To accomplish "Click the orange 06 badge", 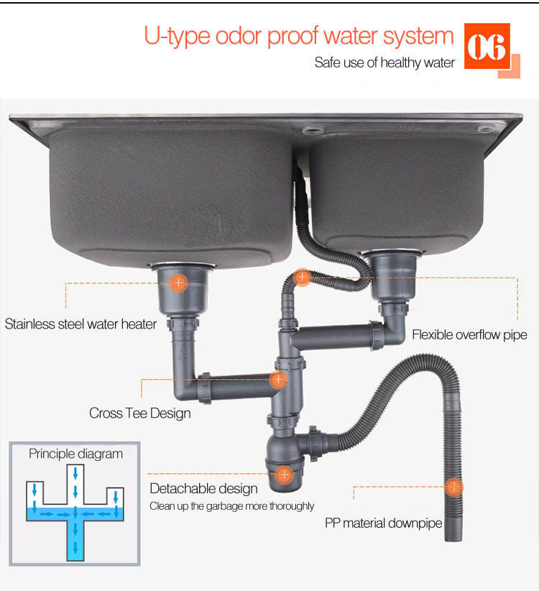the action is coord(487,46).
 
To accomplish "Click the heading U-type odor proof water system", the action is coord(299,37).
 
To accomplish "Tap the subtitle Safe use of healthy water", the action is coord(384,63).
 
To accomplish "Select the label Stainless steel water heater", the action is coord(80,324).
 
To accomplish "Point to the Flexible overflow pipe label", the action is coord(469,335).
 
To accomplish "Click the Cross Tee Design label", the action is coord(139,413).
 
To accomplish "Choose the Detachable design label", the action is coord(204,488).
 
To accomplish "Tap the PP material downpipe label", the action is coord(384,523).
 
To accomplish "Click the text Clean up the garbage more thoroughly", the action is coord(231,506).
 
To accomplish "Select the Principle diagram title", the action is coord(75,454).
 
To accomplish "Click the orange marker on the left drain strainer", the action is coord(178,283).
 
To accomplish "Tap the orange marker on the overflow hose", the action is coord(302,278).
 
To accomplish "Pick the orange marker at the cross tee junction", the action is coord(278,379).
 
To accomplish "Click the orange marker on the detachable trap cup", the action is coord(285,474).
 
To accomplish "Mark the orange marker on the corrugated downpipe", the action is coord(454,487).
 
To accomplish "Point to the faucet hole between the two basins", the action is coord(312,131).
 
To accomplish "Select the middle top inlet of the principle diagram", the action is coord(75,484).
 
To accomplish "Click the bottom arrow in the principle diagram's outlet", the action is coord(75,548).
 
